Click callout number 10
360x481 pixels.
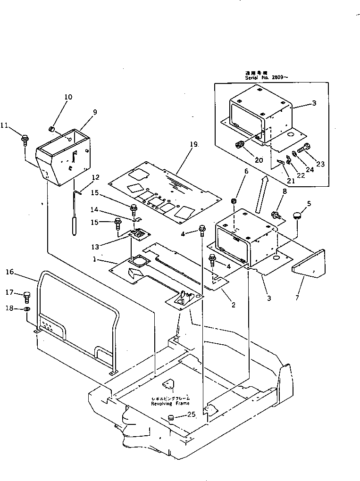[68, 97]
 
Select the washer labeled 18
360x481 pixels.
[27, 309]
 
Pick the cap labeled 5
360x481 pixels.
[297, 216]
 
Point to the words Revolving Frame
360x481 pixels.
[170, 404]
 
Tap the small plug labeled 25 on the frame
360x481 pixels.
[171, 417]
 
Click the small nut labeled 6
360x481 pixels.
[233, 202]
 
